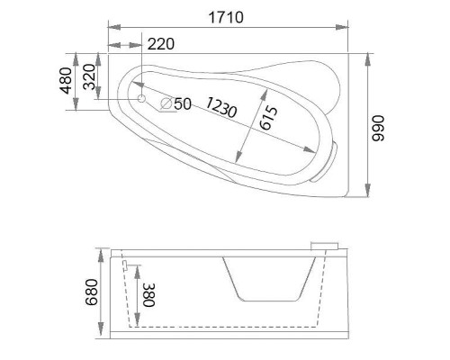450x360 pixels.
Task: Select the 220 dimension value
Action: (158, 42)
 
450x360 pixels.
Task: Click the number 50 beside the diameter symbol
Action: (183, 103)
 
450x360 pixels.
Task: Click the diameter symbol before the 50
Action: (166, 103)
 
